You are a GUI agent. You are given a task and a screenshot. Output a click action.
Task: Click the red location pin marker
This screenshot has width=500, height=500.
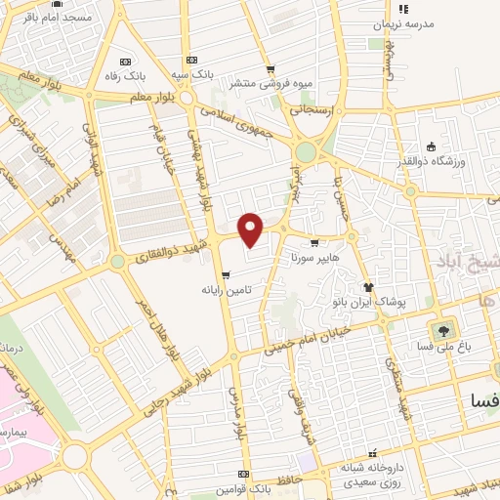[x=252, y=229]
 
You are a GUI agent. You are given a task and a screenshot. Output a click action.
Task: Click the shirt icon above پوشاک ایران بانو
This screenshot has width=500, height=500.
[x=368, y=286]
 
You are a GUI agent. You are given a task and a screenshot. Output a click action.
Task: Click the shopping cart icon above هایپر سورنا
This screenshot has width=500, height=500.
[x=313, y=243]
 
